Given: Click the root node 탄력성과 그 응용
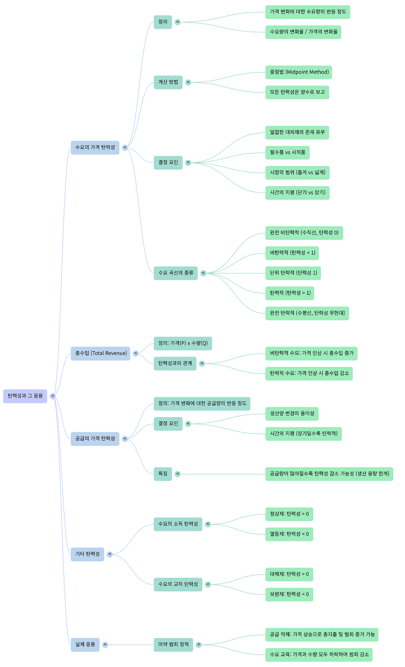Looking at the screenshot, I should click(25, 396).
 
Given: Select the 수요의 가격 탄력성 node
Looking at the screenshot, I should click(95, 147).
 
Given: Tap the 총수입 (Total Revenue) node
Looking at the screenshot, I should click(100, 353).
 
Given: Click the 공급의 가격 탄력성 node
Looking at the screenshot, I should click(95, 439).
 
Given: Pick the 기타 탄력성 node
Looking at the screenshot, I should click(87, 554).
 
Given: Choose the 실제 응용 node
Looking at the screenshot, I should click(85, 644).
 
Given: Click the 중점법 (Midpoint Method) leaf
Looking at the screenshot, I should click(299, 72).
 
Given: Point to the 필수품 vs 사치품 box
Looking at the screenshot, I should click(287, 153).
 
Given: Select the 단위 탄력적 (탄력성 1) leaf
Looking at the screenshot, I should click(293, 273).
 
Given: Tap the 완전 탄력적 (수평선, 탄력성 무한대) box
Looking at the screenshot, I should click(307, 313).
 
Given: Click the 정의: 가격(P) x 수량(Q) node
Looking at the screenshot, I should click(183, 343).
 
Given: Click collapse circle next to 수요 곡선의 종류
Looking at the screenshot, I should click(203, 273).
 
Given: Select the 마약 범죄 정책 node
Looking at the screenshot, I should click(173, 644).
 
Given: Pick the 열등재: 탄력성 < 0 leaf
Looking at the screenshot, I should click(289, 534).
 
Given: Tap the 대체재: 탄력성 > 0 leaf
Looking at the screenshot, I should click(289, 574).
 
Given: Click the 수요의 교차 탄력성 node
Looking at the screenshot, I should click(178, 584).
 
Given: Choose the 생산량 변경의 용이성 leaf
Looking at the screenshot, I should click(292, 414).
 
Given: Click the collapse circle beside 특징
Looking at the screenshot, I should click(178, 474).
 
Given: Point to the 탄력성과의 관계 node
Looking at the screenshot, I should click(175, 363).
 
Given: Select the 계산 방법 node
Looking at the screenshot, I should click(168, 82).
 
